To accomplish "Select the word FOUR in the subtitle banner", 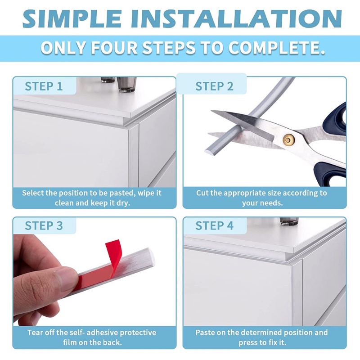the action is click(x=114, y=48).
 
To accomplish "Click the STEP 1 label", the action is click(x=44, y=86).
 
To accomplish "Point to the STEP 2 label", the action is click(x=214, y=86).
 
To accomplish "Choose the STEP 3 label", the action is click(x=44, y=225).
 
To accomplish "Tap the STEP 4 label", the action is click(x=214, y=225).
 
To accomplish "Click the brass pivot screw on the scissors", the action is click(x=289, y=139).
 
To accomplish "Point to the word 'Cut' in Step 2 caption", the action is click(x=202, y=193).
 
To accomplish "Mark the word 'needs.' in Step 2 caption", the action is click(x=273, y=203).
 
